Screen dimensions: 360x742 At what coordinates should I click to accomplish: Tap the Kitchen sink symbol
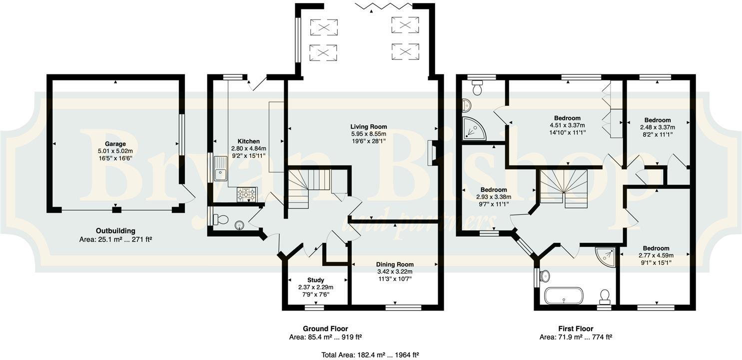pos(220,168)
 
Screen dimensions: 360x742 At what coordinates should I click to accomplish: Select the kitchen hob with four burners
pos(246,194)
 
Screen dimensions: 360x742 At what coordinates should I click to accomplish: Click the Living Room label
pos(368,126)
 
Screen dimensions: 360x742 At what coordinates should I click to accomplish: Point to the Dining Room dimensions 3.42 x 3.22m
pos(395,271)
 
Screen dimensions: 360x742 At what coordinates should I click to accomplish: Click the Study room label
pos(315,280)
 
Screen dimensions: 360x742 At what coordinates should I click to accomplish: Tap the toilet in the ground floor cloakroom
pos(221,219)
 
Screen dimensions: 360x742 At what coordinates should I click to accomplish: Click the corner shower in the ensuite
pos(474,128)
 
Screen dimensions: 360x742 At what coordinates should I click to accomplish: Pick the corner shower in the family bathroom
pos(607,256)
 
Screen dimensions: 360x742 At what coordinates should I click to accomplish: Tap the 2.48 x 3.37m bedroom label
pos(657,120)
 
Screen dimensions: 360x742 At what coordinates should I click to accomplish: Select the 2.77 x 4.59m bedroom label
pos(656,248)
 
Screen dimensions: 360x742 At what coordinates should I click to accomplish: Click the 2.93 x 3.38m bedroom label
pos(494,190)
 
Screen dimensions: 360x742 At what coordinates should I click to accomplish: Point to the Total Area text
pos(370,355)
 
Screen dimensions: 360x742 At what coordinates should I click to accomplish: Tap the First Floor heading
pos(576,328)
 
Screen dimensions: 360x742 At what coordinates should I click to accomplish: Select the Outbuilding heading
pos(115,230)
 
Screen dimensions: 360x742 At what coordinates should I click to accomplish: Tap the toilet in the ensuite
pos(477,88)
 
